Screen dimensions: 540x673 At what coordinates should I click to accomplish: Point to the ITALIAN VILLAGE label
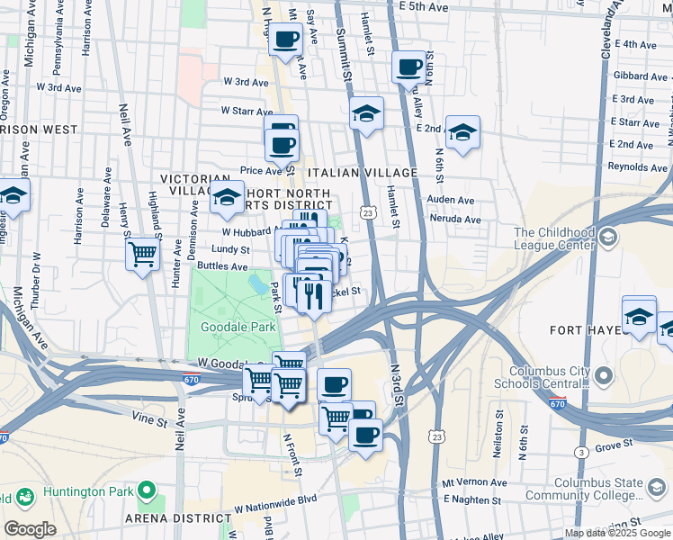(x=363, y=172)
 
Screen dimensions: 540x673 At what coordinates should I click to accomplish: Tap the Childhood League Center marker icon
(x=608, y=238)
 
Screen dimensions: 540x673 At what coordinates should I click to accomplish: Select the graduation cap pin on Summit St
(x=366, y=114)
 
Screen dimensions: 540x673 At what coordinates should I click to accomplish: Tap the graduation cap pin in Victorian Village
(x=227, y=196)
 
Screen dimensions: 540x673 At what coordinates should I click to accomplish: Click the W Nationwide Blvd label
(x=276, y=499)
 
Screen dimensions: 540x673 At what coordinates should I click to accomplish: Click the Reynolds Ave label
(x=637, y=166)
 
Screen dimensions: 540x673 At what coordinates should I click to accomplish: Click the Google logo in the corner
(x=30, y=529)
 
